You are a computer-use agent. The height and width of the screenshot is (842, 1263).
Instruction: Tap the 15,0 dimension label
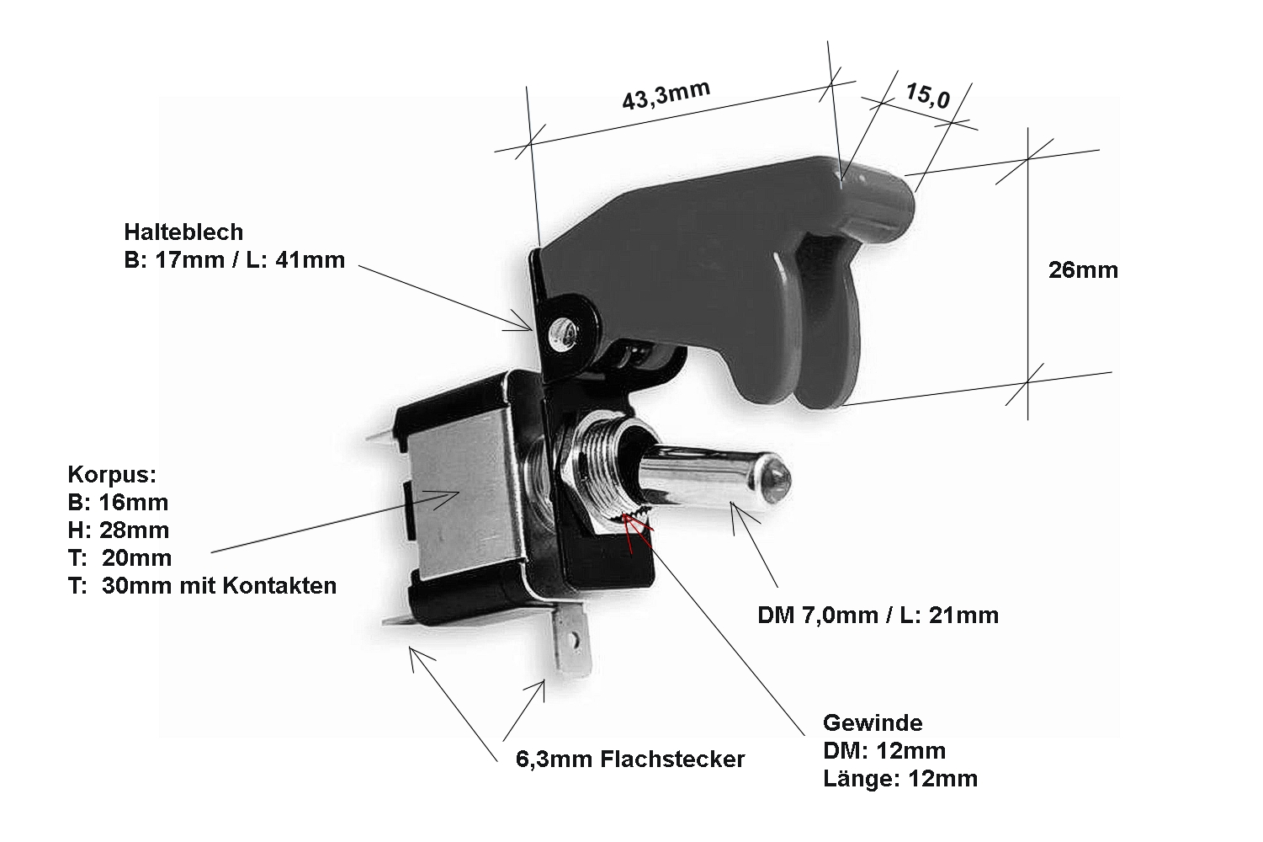pos(927,97)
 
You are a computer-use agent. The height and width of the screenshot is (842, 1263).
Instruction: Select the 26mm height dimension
pos(1083,270)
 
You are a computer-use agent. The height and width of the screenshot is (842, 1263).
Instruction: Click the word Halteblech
pos(183,232)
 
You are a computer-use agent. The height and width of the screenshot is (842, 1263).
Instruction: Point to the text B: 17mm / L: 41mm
pos(234,260)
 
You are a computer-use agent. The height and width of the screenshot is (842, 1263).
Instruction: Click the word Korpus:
pos(112,474)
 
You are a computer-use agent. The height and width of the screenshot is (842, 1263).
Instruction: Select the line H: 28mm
pos(118,530)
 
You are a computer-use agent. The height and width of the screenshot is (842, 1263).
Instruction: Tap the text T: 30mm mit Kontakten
pos(202,586)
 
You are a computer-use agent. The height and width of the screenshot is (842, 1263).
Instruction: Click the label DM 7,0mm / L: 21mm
pos(878,616)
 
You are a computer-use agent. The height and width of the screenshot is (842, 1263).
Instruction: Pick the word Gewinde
pos(873,722)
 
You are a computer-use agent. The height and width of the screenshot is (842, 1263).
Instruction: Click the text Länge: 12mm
pos(899,778)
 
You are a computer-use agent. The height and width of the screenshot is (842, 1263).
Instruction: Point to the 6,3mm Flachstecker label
pos(629,759)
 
